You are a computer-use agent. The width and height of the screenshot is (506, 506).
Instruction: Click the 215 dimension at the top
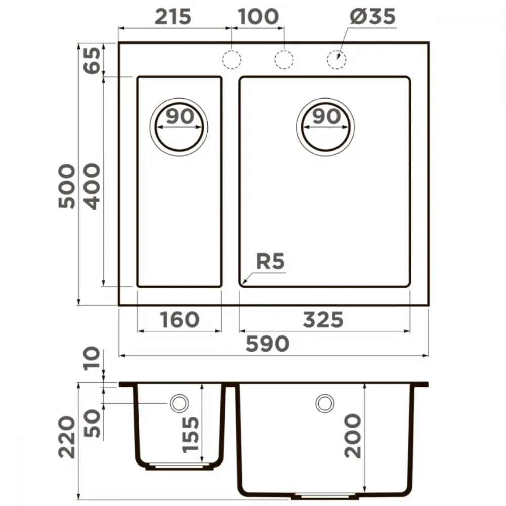coord(173,17)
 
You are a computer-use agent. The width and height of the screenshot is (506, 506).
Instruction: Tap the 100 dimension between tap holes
coord(258,17)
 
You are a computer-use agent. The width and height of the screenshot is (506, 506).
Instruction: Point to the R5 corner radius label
coord(270,261)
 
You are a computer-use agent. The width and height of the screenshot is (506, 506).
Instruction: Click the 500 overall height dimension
coord(67,186)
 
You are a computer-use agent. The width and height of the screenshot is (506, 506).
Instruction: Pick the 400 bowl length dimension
coord(92,187)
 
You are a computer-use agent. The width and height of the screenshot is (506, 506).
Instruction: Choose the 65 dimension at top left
coord(92,60)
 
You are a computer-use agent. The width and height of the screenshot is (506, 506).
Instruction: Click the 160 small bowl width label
coord(180,319)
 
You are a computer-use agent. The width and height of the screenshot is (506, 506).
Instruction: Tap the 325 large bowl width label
coord(323,319)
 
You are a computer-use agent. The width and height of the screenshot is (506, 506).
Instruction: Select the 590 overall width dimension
coord(268,344)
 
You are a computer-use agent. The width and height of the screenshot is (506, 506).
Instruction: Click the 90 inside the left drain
coord(181,116)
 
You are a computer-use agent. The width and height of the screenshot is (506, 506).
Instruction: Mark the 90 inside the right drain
coord(326,116)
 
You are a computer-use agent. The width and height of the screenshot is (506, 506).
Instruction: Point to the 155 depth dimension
coord(190,435)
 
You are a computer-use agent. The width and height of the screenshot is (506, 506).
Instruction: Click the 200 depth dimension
coord(352,436)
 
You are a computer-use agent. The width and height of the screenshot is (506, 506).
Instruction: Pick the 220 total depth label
coord(67,437)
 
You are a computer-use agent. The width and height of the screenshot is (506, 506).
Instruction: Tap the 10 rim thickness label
coord(92,359)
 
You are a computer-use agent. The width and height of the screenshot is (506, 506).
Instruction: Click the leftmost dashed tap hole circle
coord(232,60)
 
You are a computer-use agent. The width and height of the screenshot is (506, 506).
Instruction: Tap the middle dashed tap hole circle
coord(284,60)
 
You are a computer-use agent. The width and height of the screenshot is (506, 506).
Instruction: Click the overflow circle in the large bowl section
coord(325,403)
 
